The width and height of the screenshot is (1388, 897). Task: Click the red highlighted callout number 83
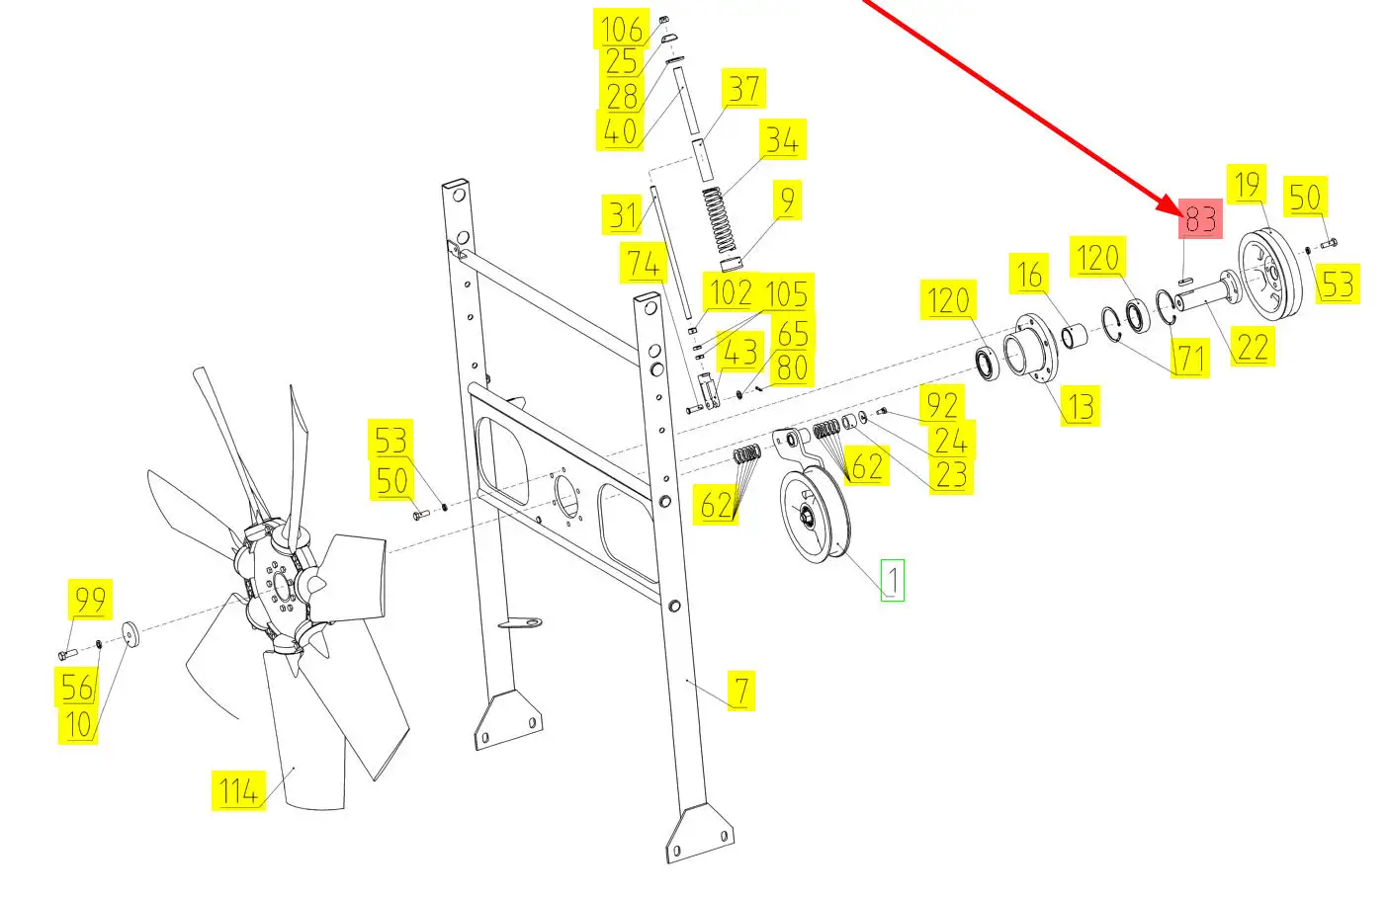pos(1200,218)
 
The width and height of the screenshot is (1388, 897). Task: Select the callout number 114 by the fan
pos(238,790)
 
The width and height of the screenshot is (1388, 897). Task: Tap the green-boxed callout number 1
pos(893,580)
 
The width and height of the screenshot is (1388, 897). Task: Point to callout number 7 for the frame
pos(741,691)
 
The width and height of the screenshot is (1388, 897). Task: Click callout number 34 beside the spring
pos(783,139)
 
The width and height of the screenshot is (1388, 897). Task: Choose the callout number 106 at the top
pos(622,29)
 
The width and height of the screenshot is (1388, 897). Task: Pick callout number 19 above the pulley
pos(1247,185)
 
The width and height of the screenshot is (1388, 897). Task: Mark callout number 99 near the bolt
pos(91,600)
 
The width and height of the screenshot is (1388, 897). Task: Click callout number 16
pos(1028,273)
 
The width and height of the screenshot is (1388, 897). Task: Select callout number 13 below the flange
pos(1080,405)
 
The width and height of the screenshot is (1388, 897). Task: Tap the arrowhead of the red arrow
pos(1174,210)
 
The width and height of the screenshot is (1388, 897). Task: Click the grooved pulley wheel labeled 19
pos(1270,275)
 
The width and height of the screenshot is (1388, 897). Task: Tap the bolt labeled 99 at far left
pos(67,653)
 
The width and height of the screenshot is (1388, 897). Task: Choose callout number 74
pos(644,263)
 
